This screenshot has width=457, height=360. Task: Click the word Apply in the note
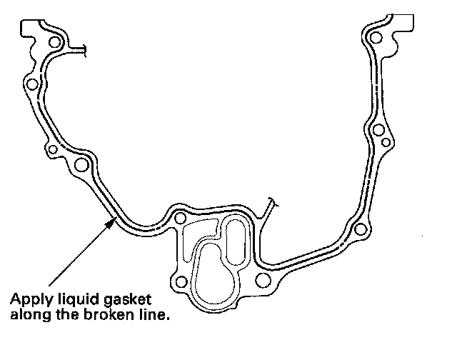[x=29, y=298]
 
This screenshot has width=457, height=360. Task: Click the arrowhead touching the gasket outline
[x=111, y=222]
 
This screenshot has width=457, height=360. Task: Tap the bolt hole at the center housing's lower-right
[x=261, y=280]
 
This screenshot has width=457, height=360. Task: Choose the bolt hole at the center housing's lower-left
[x=182, y=280]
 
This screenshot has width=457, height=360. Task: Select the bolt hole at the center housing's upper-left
[x=180, y=218]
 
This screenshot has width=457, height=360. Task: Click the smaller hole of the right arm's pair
[x=386, y=144]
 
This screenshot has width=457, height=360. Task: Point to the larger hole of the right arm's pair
[x=377, y=130]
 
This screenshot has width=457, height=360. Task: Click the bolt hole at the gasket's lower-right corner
[x=361, y=229]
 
